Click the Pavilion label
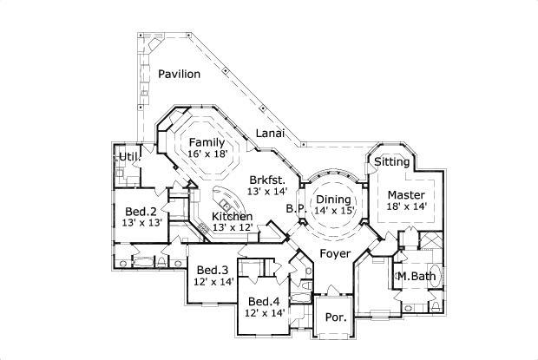coord(180,74)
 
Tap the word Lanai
coord(270,134)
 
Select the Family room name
coord(207,142)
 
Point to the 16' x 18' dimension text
coord(207,154)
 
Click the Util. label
coord(128,155)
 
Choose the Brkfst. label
coord(266,179)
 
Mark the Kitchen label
coord(233,216)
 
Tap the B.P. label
coord(294,209)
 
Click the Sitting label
coord(391,161)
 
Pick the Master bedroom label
coord(405,194)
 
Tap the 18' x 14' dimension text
coord(405,206)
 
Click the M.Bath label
coord(415,276)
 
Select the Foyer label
coord(335,253)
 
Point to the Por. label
coord(336,317)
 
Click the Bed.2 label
coord(140,211)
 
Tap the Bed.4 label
coord(263,301)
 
